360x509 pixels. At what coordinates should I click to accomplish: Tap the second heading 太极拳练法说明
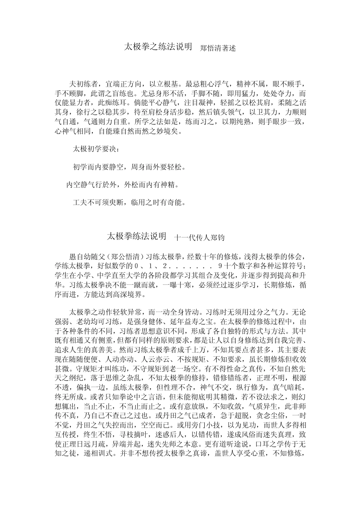136,237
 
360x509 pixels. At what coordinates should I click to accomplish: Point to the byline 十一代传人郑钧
199,238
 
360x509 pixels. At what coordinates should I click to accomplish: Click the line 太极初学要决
96,149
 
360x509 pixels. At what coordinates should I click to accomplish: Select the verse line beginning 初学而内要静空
129,167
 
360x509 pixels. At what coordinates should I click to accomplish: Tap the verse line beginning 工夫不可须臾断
129,203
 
